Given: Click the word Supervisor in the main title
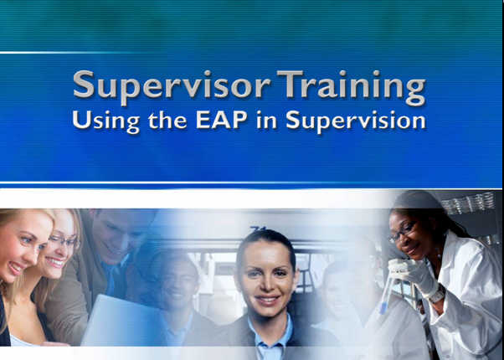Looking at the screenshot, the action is [172, 86].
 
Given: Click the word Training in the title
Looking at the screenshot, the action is [352, 87].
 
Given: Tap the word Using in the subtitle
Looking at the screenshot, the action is [106, 121].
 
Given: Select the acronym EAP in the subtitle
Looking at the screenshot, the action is [222, 120].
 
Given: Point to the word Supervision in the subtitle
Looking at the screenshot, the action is [356, 121].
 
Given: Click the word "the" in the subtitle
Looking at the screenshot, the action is [167, 120].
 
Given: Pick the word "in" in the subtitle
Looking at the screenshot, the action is [266, 120].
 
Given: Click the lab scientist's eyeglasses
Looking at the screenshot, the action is [402, 232].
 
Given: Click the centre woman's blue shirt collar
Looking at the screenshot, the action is [270, 336].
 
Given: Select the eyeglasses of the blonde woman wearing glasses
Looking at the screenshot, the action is [64, 241].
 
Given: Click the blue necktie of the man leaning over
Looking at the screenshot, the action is [112, 280].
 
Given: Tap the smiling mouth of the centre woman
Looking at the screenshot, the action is [266, 301].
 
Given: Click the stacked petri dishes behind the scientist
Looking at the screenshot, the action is [469, 203].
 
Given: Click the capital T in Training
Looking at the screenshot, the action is [290, 84].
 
